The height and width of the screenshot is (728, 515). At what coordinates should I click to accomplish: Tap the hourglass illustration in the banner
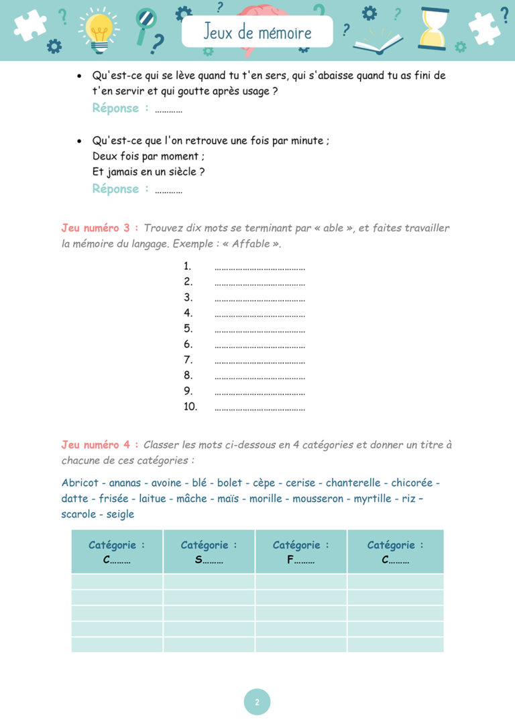(x=433, y=29)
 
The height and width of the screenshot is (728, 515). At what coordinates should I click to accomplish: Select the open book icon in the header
(x=378, y=44)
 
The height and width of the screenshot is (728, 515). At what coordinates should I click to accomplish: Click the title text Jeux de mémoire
(x=257, y=32)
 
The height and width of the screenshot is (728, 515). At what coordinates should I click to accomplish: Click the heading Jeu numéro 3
(x=100, y=228)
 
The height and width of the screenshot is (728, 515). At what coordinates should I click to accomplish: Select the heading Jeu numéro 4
(x=100, y=444)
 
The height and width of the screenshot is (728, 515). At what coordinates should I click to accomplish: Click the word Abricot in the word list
(x=80, y=483)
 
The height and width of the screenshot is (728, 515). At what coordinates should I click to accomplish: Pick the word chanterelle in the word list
(x=353, y=483)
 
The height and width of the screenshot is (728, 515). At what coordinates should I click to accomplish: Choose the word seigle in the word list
(x=121, y=514)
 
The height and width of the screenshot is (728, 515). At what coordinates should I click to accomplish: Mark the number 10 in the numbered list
(x=190, y=407)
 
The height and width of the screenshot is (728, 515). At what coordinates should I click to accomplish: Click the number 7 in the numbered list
(x=188, y=360)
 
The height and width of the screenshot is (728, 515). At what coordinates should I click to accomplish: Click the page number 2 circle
(x=257, y=703)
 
